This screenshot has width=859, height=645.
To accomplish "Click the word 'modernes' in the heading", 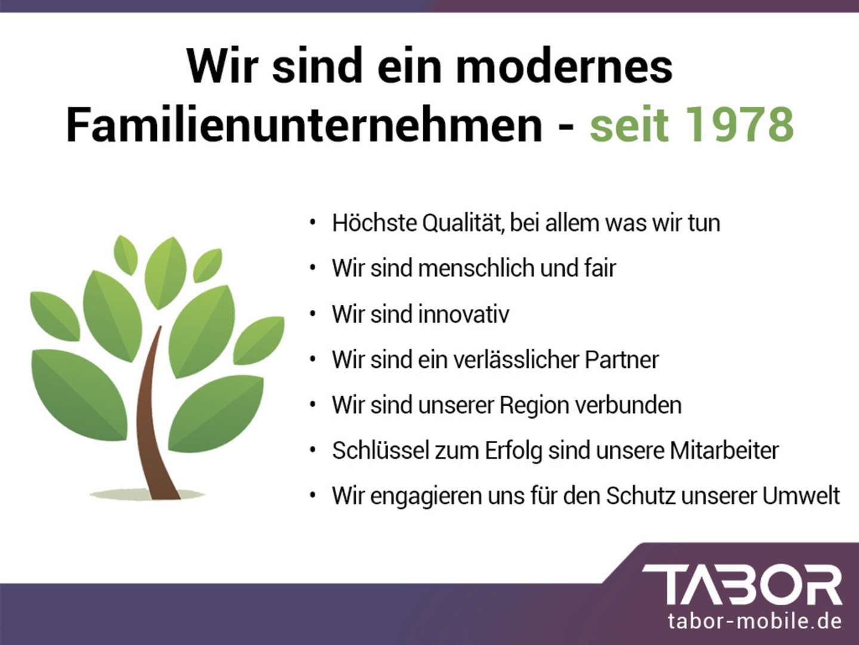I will pos(564,66).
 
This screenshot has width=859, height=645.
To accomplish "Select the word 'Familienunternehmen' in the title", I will pos(304,125).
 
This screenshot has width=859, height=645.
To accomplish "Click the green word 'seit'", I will pos(629,125).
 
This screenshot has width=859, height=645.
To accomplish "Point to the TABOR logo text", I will pos(742,585).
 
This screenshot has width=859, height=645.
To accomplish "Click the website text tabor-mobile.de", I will pos(755,621).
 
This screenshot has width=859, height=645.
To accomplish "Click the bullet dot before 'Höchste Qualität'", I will pos(312,223).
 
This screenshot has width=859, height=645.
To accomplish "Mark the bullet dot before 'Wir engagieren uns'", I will pos(312,496).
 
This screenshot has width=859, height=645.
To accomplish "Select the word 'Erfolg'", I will pos(513,450).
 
